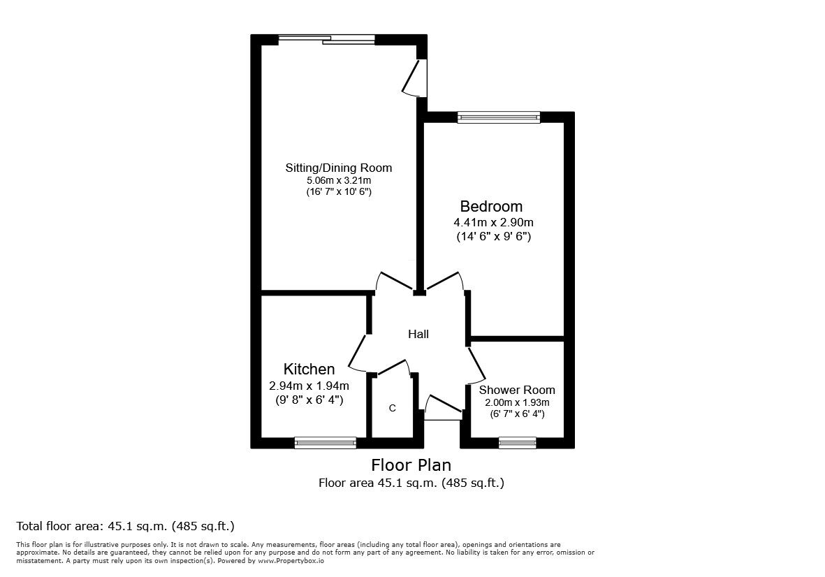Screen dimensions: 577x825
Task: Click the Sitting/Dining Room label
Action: pos(338,168)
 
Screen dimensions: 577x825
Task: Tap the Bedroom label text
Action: pos(491,207)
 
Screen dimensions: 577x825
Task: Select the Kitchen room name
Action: pos(309,369)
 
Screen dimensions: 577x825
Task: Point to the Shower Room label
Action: pos(517,390)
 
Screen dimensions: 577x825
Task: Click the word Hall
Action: pos(418,335)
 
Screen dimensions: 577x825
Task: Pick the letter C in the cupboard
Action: pos(392,408)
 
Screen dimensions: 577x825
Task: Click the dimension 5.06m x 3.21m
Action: pos(338,180)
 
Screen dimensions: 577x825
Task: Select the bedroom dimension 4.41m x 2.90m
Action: pos(493,222)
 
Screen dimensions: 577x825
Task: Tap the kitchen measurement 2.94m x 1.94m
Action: pos(309,385)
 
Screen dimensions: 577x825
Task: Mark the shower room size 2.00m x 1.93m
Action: pos(517,402)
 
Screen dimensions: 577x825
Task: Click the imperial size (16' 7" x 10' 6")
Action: pos(338,191)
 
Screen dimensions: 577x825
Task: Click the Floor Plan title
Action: pos(411,465)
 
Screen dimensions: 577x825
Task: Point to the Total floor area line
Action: pos(125,526)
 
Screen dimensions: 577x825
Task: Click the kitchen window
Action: pos(326,442)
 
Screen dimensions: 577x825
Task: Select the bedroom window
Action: pos(499,117)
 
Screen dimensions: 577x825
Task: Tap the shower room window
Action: pos(518,442)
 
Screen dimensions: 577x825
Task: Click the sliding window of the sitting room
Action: pos(326,39)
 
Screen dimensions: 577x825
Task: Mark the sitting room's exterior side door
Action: pos(417,77)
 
